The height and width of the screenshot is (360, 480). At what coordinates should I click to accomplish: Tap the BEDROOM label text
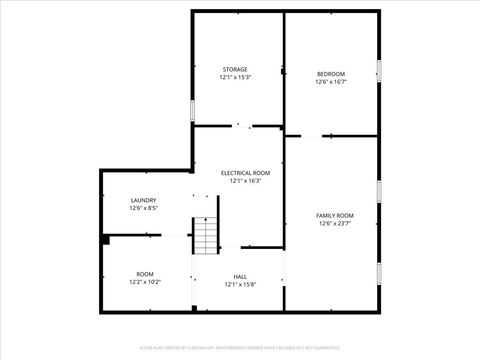coord(331,74)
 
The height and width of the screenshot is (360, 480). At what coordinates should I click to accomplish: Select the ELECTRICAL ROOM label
coord(245,173)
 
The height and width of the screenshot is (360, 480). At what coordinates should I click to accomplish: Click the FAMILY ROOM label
coord(335,216)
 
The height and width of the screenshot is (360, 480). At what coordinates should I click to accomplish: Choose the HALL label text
coord(240,277)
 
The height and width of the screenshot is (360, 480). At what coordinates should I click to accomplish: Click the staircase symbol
coord(205,236)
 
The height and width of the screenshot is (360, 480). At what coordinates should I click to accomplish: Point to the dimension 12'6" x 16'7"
coord(331,82)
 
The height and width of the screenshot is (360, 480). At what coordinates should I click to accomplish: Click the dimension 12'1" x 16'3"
coord(245,181)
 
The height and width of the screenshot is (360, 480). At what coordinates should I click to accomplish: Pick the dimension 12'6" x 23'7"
coord(335,224)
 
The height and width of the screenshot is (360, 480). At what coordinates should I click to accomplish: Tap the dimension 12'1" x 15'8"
coord(240,285)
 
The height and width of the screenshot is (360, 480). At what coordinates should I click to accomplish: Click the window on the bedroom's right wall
coord(379,70)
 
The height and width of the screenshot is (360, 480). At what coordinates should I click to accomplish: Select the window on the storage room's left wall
coord(192,111)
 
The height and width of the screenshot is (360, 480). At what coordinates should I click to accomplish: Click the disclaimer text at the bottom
coord(240,348)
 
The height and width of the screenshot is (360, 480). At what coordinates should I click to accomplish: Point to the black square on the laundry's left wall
coord(104,239)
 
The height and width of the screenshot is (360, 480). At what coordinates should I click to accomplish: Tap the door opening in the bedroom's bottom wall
coord(311,135)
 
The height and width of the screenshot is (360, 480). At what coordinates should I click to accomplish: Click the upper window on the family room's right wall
coord(379,191)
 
